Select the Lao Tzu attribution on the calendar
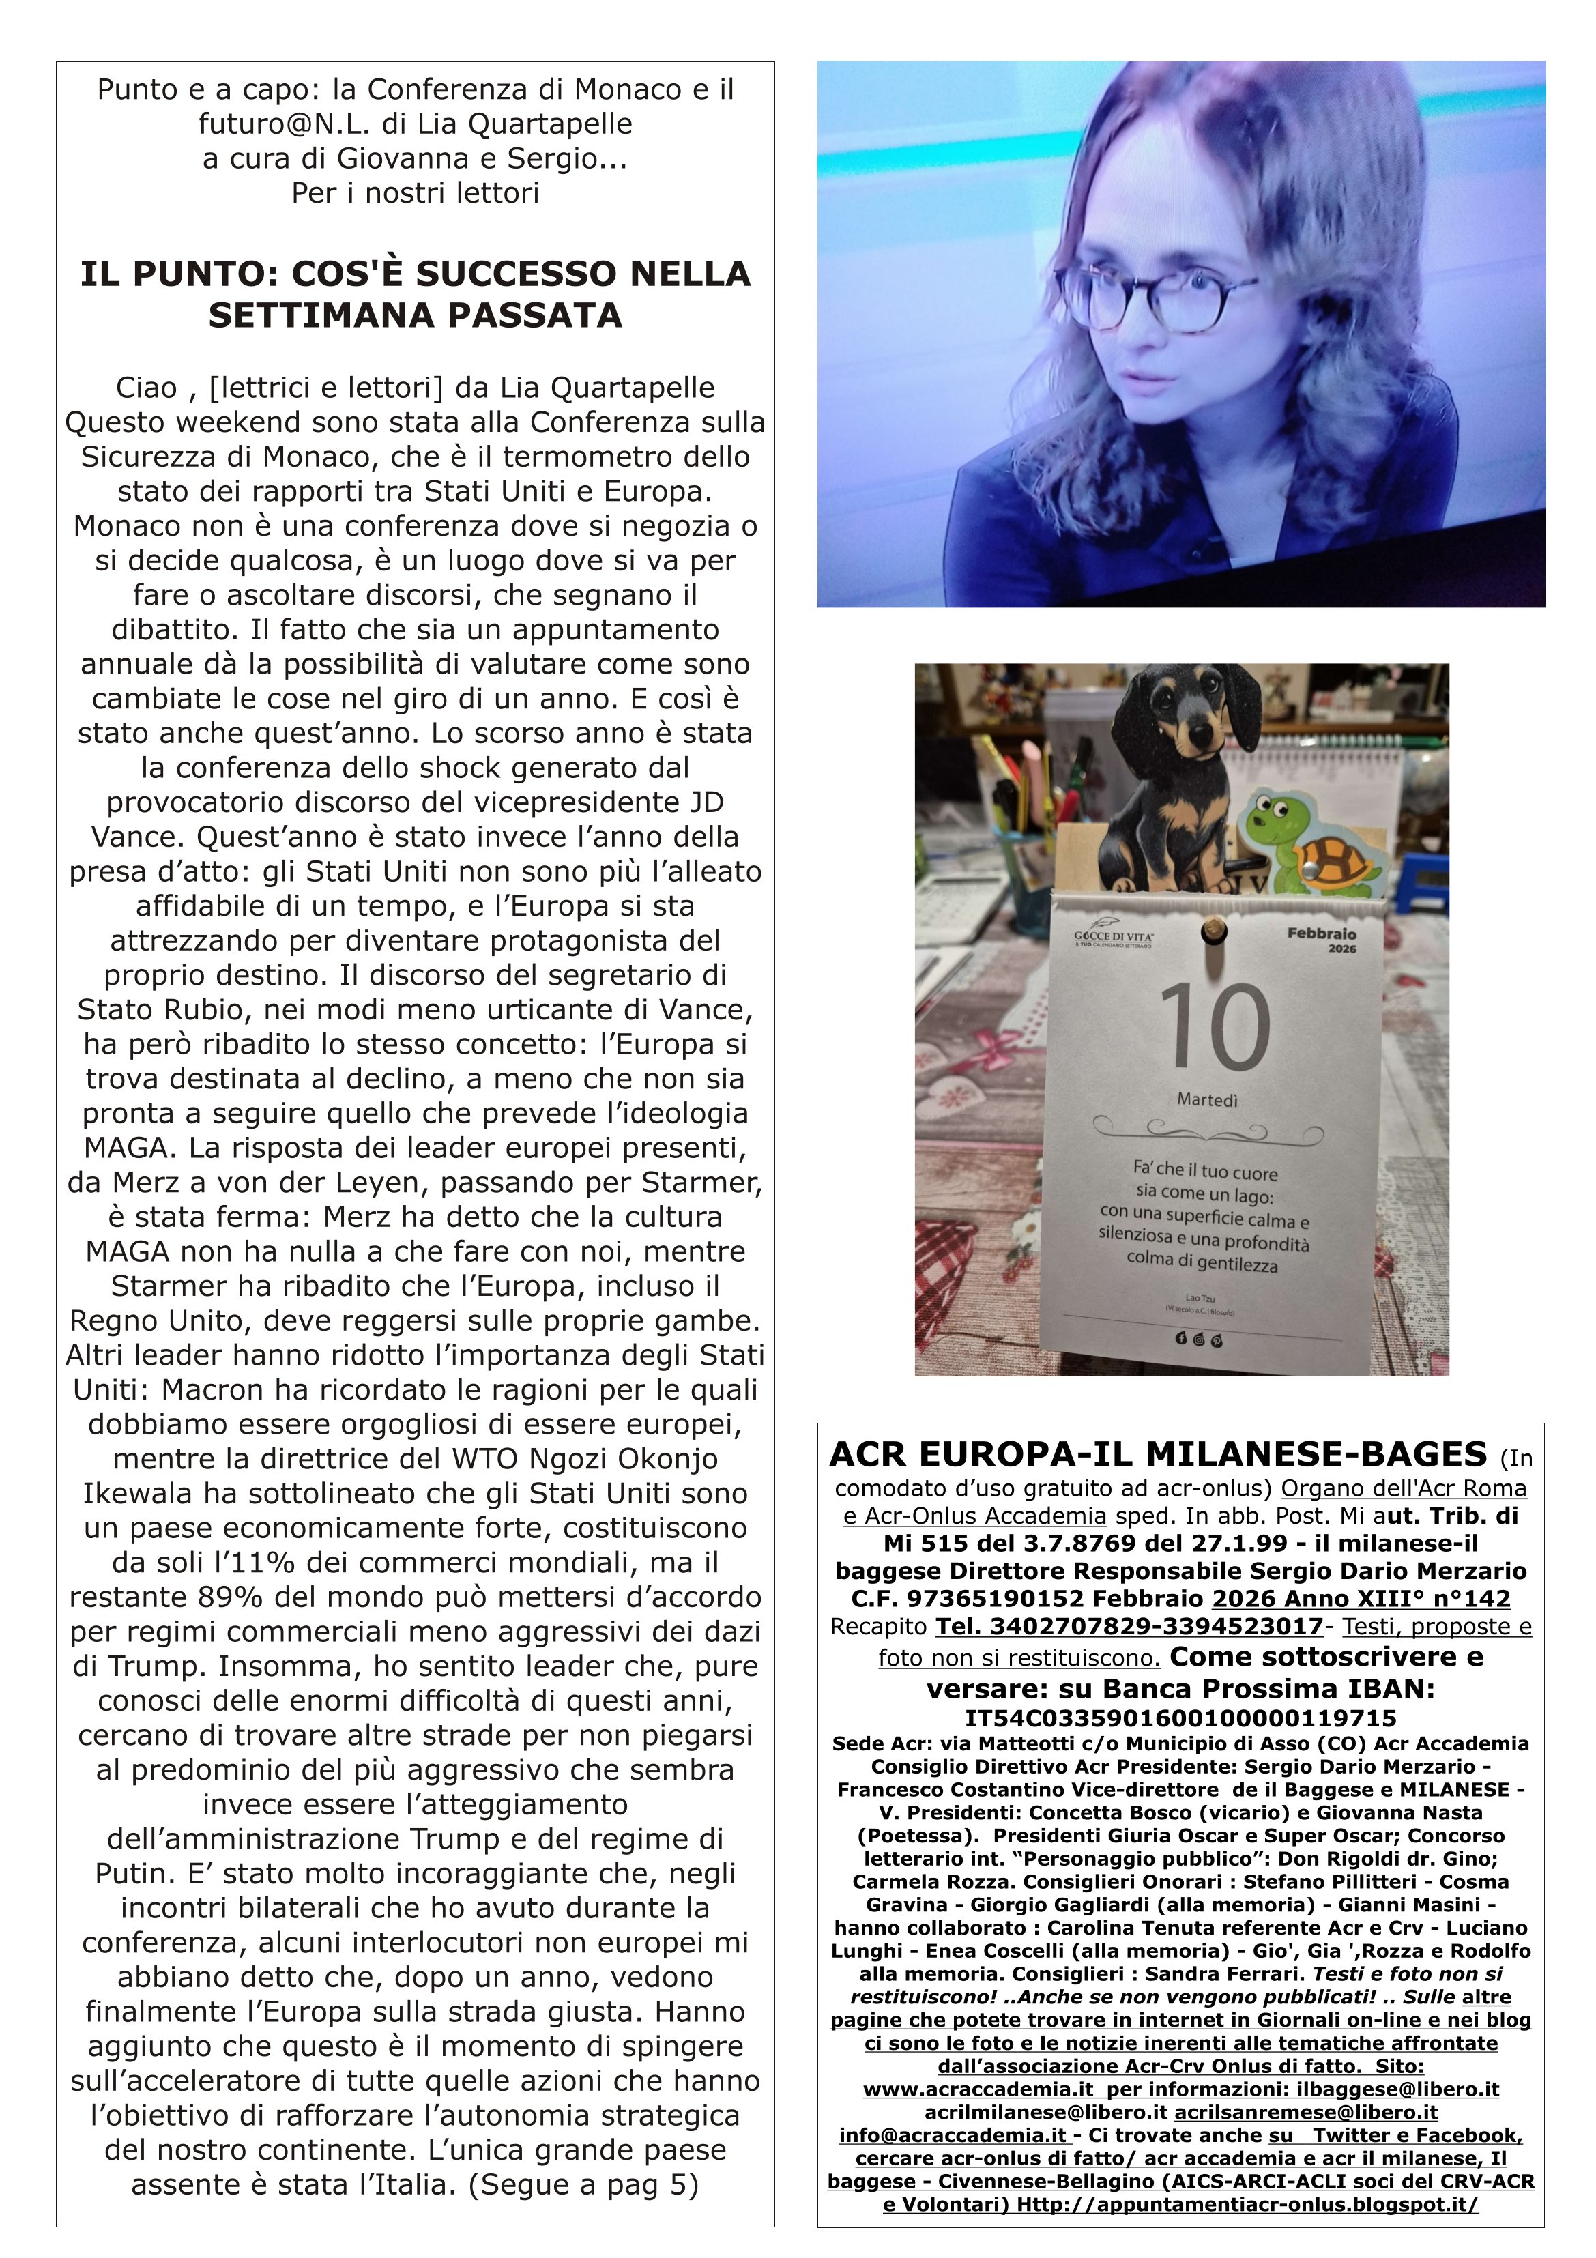[x=1201, y=1298]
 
